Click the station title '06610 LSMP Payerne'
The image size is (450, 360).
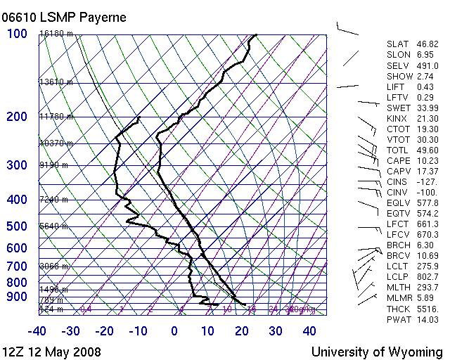point(64,17)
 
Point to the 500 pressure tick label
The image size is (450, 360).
point(17,226)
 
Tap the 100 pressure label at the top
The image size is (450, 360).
point(17,34)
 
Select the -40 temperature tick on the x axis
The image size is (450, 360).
point(38,330)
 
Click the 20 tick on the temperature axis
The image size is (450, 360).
point(241,330)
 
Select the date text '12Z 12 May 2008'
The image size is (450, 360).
point(51,352)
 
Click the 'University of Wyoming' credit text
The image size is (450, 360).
point(377,352)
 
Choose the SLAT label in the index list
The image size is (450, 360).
point(398,44)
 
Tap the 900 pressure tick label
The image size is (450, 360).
point(17,297)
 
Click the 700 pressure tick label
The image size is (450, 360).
point(17,266)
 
